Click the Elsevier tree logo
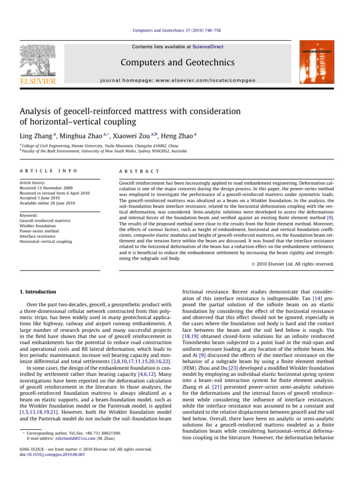tap(37, 63)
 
